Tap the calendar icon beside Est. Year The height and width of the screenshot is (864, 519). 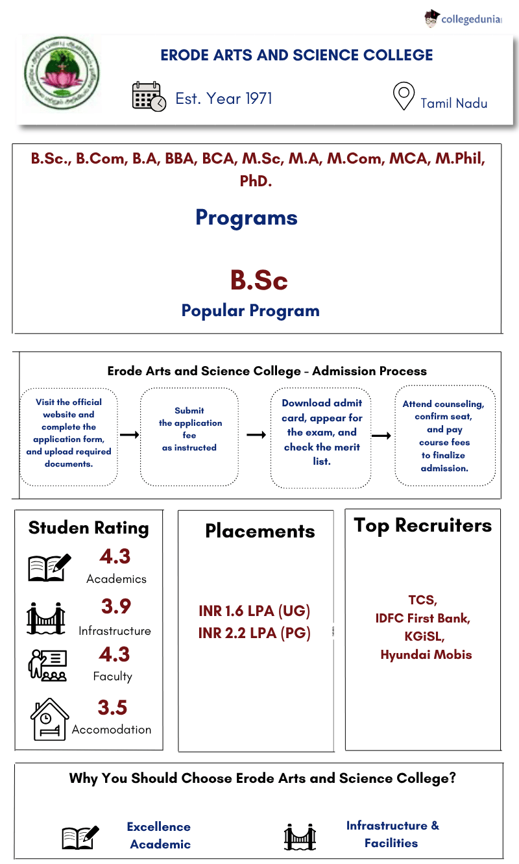click(149, 97)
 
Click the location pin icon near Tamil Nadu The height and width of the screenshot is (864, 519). click(404, 97)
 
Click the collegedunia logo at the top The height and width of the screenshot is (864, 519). click(463, 19)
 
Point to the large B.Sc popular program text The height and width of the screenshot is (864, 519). click(258, 280)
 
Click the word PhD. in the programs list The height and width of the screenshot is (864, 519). click(256, 180)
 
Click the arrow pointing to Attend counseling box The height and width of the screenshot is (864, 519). click(381, 436)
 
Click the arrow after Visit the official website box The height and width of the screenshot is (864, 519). click(129, 434)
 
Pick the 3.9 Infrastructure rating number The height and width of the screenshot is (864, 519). click(115, 606)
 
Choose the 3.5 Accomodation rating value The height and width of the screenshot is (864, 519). click(112, 708)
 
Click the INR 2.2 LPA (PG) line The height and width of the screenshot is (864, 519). click(254, 633)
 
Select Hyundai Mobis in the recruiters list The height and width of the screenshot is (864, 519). click(426, 654)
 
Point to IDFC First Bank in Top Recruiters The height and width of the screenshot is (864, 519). click(422, 618)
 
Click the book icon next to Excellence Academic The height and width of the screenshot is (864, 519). click(80, 837)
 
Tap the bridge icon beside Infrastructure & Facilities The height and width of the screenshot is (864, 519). click(300, 836)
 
